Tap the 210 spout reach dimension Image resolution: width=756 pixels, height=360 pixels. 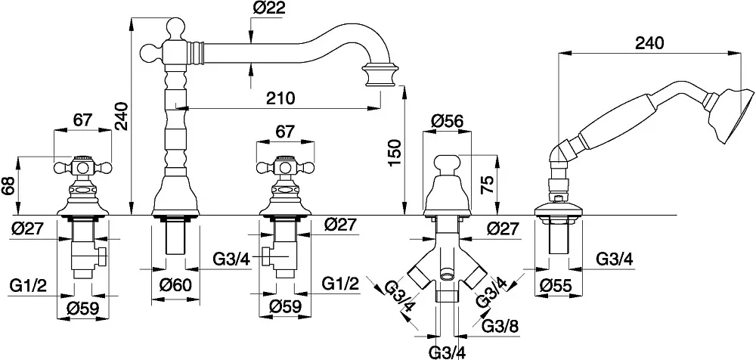click(280, 98)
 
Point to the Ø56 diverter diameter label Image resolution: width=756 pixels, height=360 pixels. click(447, 121)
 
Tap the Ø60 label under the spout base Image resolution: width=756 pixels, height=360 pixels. click(175, 285)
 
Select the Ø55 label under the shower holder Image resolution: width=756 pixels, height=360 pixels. click(555, 286)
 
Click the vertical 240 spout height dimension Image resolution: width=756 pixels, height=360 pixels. click(122, 116)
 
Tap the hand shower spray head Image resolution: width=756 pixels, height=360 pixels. click(728, 116)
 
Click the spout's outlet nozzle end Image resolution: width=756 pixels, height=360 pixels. click(381, 75)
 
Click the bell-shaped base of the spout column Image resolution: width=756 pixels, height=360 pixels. click(175, 195)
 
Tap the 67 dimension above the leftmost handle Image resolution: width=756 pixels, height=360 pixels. click(82, 120)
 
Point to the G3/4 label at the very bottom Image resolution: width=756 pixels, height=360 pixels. click(447, 352)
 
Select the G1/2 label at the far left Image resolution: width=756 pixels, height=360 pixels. click(28, 286)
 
